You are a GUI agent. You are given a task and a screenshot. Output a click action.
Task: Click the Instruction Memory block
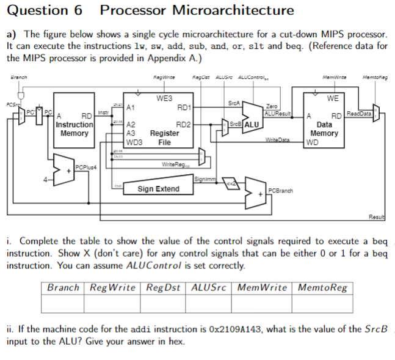tap(74, 125)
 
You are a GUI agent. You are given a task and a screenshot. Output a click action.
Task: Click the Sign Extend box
tap(158, 189)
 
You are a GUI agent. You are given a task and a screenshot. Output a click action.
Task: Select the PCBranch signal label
tap(280, 191)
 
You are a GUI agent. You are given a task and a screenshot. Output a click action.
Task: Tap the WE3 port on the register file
tap(164, 98)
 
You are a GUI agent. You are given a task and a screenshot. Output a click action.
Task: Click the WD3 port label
tap(134, 142)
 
